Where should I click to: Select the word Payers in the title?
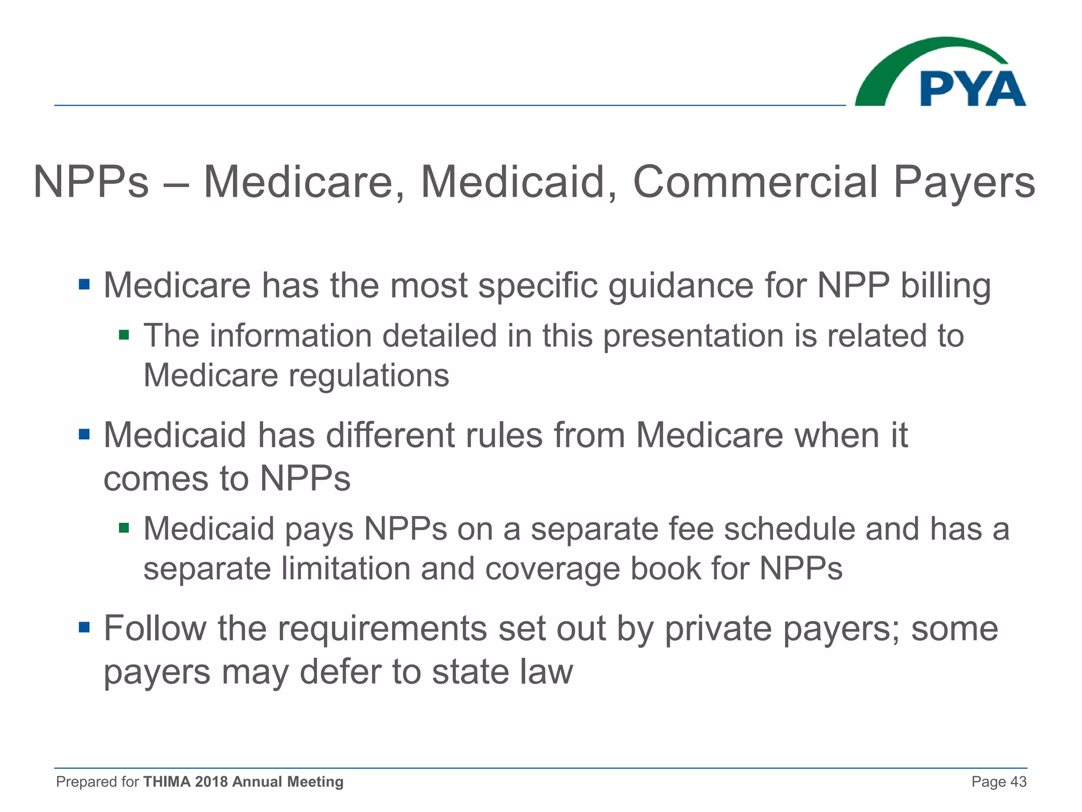click(x=964, y=183)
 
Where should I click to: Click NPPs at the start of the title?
click(x=91, y=182)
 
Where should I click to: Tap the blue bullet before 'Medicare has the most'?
click(x=84, y=285)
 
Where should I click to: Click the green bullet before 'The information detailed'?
click(x=124, y=335)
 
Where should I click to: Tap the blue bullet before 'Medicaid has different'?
click(x=84, y=435)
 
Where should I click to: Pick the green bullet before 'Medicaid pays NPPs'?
click(x=124, y=528)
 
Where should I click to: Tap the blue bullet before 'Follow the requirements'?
click(x=84, y=628)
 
